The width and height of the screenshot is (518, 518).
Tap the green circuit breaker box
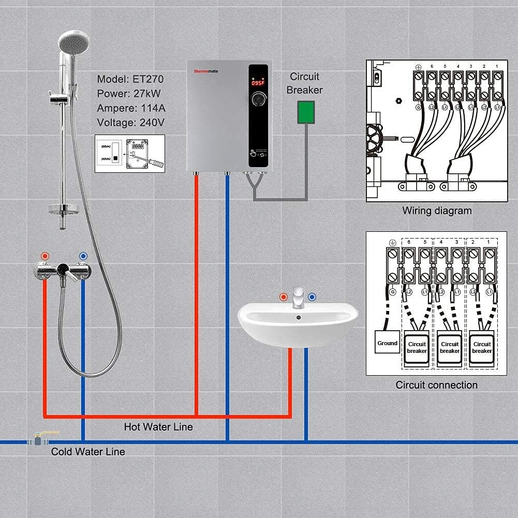coord(306,112)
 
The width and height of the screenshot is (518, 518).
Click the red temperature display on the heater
coord(257,82)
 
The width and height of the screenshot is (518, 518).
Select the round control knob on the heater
coord(258,100)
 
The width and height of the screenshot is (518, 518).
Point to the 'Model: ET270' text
coord(129,79)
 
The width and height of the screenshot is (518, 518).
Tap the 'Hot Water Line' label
coord(158,427)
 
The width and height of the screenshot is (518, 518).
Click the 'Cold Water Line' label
coord(88,452)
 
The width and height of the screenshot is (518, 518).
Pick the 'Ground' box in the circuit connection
coord(387,343)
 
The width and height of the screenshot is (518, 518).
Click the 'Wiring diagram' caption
coord(437,211)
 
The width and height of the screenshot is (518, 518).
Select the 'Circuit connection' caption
coord(436,384)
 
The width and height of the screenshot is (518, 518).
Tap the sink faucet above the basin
coord(298,298)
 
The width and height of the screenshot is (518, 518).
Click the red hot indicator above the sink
coord(283,297)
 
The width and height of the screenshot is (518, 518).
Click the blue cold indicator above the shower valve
coord(83,256)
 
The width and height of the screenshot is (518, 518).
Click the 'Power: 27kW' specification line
coord(128,94)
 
